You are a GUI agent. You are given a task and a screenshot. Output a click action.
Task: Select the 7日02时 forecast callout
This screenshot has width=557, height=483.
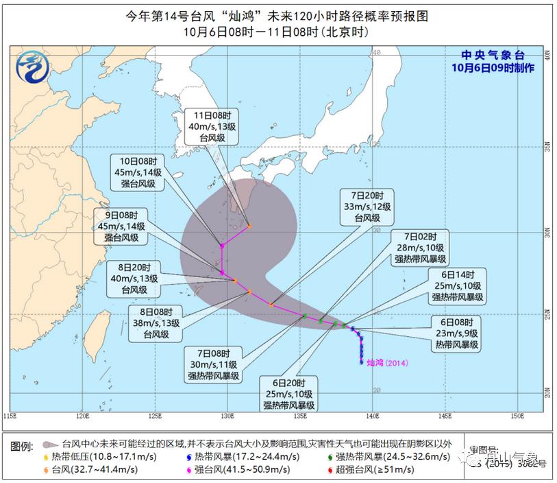click(x=419, y=247)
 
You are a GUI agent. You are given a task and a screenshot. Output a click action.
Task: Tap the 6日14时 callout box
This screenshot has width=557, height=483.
click(x=457, y=285)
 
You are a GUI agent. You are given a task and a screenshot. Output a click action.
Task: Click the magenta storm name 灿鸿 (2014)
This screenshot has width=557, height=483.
click(x=388, y=362)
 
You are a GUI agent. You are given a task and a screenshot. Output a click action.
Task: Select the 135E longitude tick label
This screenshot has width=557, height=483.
click(x=300, y=416)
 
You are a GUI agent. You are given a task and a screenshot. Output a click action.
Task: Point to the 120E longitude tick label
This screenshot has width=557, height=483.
click(x=82, y=416)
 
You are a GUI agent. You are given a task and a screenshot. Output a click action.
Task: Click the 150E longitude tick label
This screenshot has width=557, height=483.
click(x=517, y=416)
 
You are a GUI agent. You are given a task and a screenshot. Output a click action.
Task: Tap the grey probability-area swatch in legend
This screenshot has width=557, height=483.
click(x=51, y=444)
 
